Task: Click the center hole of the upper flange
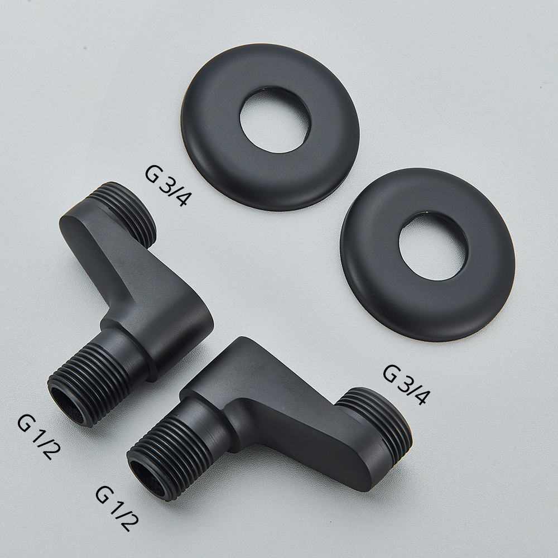(275, 121)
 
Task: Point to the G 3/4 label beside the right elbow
(406, 384)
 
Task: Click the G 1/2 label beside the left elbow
(39, 437)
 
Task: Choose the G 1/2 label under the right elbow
(117, 508)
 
